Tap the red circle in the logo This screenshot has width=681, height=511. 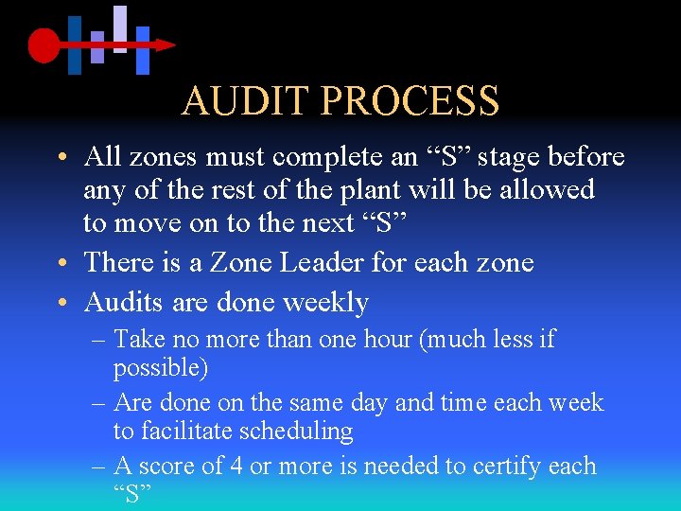(43, 44)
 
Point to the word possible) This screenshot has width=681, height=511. (161, 366)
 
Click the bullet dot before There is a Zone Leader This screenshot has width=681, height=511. (61, 264)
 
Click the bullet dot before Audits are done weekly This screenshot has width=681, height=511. (61, 304)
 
